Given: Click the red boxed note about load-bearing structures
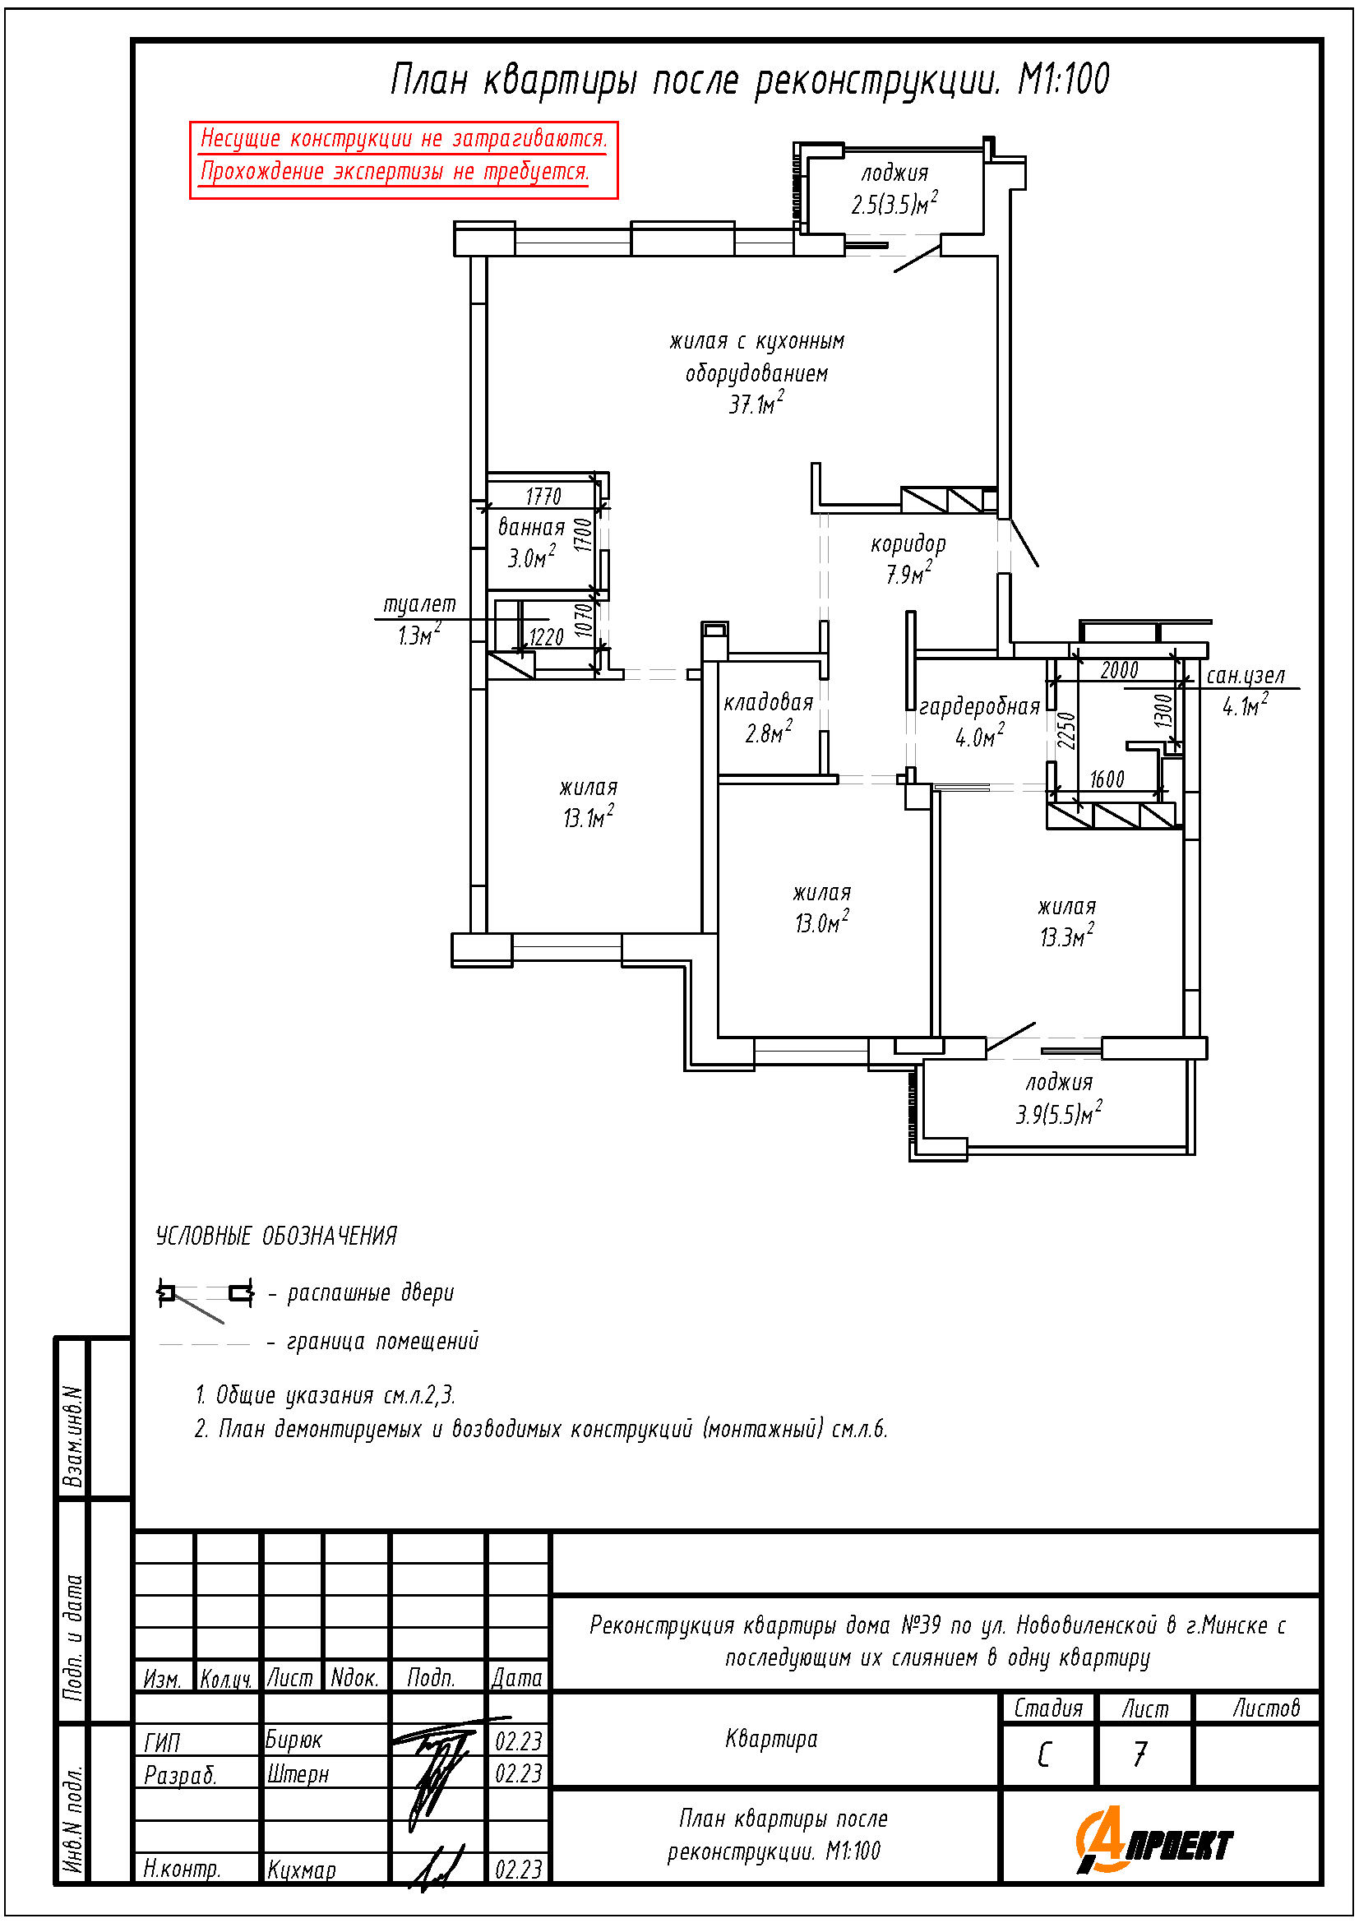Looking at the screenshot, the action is pos(404,160).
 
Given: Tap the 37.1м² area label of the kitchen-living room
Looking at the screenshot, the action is pos(756,404).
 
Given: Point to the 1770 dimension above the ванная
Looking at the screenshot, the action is pos(543,496).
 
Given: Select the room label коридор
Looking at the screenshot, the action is pos(908,544).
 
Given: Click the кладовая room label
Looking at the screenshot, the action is pos(769,702).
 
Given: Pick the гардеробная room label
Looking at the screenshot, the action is pos(980,707).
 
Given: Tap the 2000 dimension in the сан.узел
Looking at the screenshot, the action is pos(1120,670).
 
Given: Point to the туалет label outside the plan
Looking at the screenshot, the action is pos(419,605).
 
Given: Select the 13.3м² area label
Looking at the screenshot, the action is pos(1067,936).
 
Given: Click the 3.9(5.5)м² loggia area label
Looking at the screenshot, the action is pos(1059,1113).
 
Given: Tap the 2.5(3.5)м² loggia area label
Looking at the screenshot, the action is pos(894,204).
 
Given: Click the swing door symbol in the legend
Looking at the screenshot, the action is pos(206,1299).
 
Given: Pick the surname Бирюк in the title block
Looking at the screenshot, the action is pos(294,1740).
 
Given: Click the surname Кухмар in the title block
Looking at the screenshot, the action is pos(302,1870).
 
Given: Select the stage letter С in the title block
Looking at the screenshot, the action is pos(1043,1754).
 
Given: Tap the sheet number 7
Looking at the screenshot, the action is pos(1139,1754).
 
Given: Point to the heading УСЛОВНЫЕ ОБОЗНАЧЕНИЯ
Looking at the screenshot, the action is pos(276,1236).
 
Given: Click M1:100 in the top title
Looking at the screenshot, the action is pos(1063,80).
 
